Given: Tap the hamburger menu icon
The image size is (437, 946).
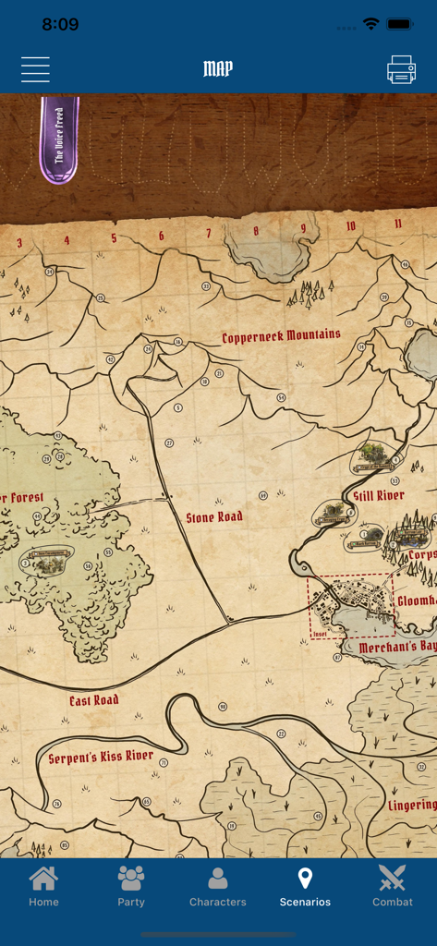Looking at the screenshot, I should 35,69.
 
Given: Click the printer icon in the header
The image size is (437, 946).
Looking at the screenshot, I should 401,69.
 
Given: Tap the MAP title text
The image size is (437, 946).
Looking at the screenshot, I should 218,69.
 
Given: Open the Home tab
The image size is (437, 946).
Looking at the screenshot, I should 43,886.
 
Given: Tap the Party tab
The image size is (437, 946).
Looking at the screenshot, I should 131,886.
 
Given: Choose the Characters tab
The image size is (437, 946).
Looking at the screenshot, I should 218,886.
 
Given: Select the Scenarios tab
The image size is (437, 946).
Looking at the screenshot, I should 305,886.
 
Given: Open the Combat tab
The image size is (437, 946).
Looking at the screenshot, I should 393,886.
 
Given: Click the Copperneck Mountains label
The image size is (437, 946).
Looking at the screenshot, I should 281,336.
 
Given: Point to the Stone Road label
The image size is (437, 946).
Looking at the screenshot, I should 214,517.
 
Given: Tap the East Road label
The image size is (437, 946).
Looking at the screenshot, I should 94,700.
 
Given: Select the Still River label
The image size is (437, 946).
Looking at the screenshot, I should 379,496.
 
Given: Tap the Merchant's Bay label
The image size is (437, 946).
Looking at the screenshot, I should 397,648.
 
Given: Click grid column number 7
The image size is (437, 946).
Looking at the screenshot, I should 208,234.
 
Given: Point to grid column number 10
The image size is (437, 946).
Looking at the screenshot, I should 350,226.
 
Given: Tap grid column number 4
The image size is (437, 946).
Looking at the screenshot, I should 67,241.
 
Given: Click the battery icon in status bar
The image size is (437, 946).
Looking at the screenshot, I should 400,24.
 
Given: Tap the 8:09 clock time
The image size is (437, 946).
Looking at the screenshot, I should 60,24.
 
